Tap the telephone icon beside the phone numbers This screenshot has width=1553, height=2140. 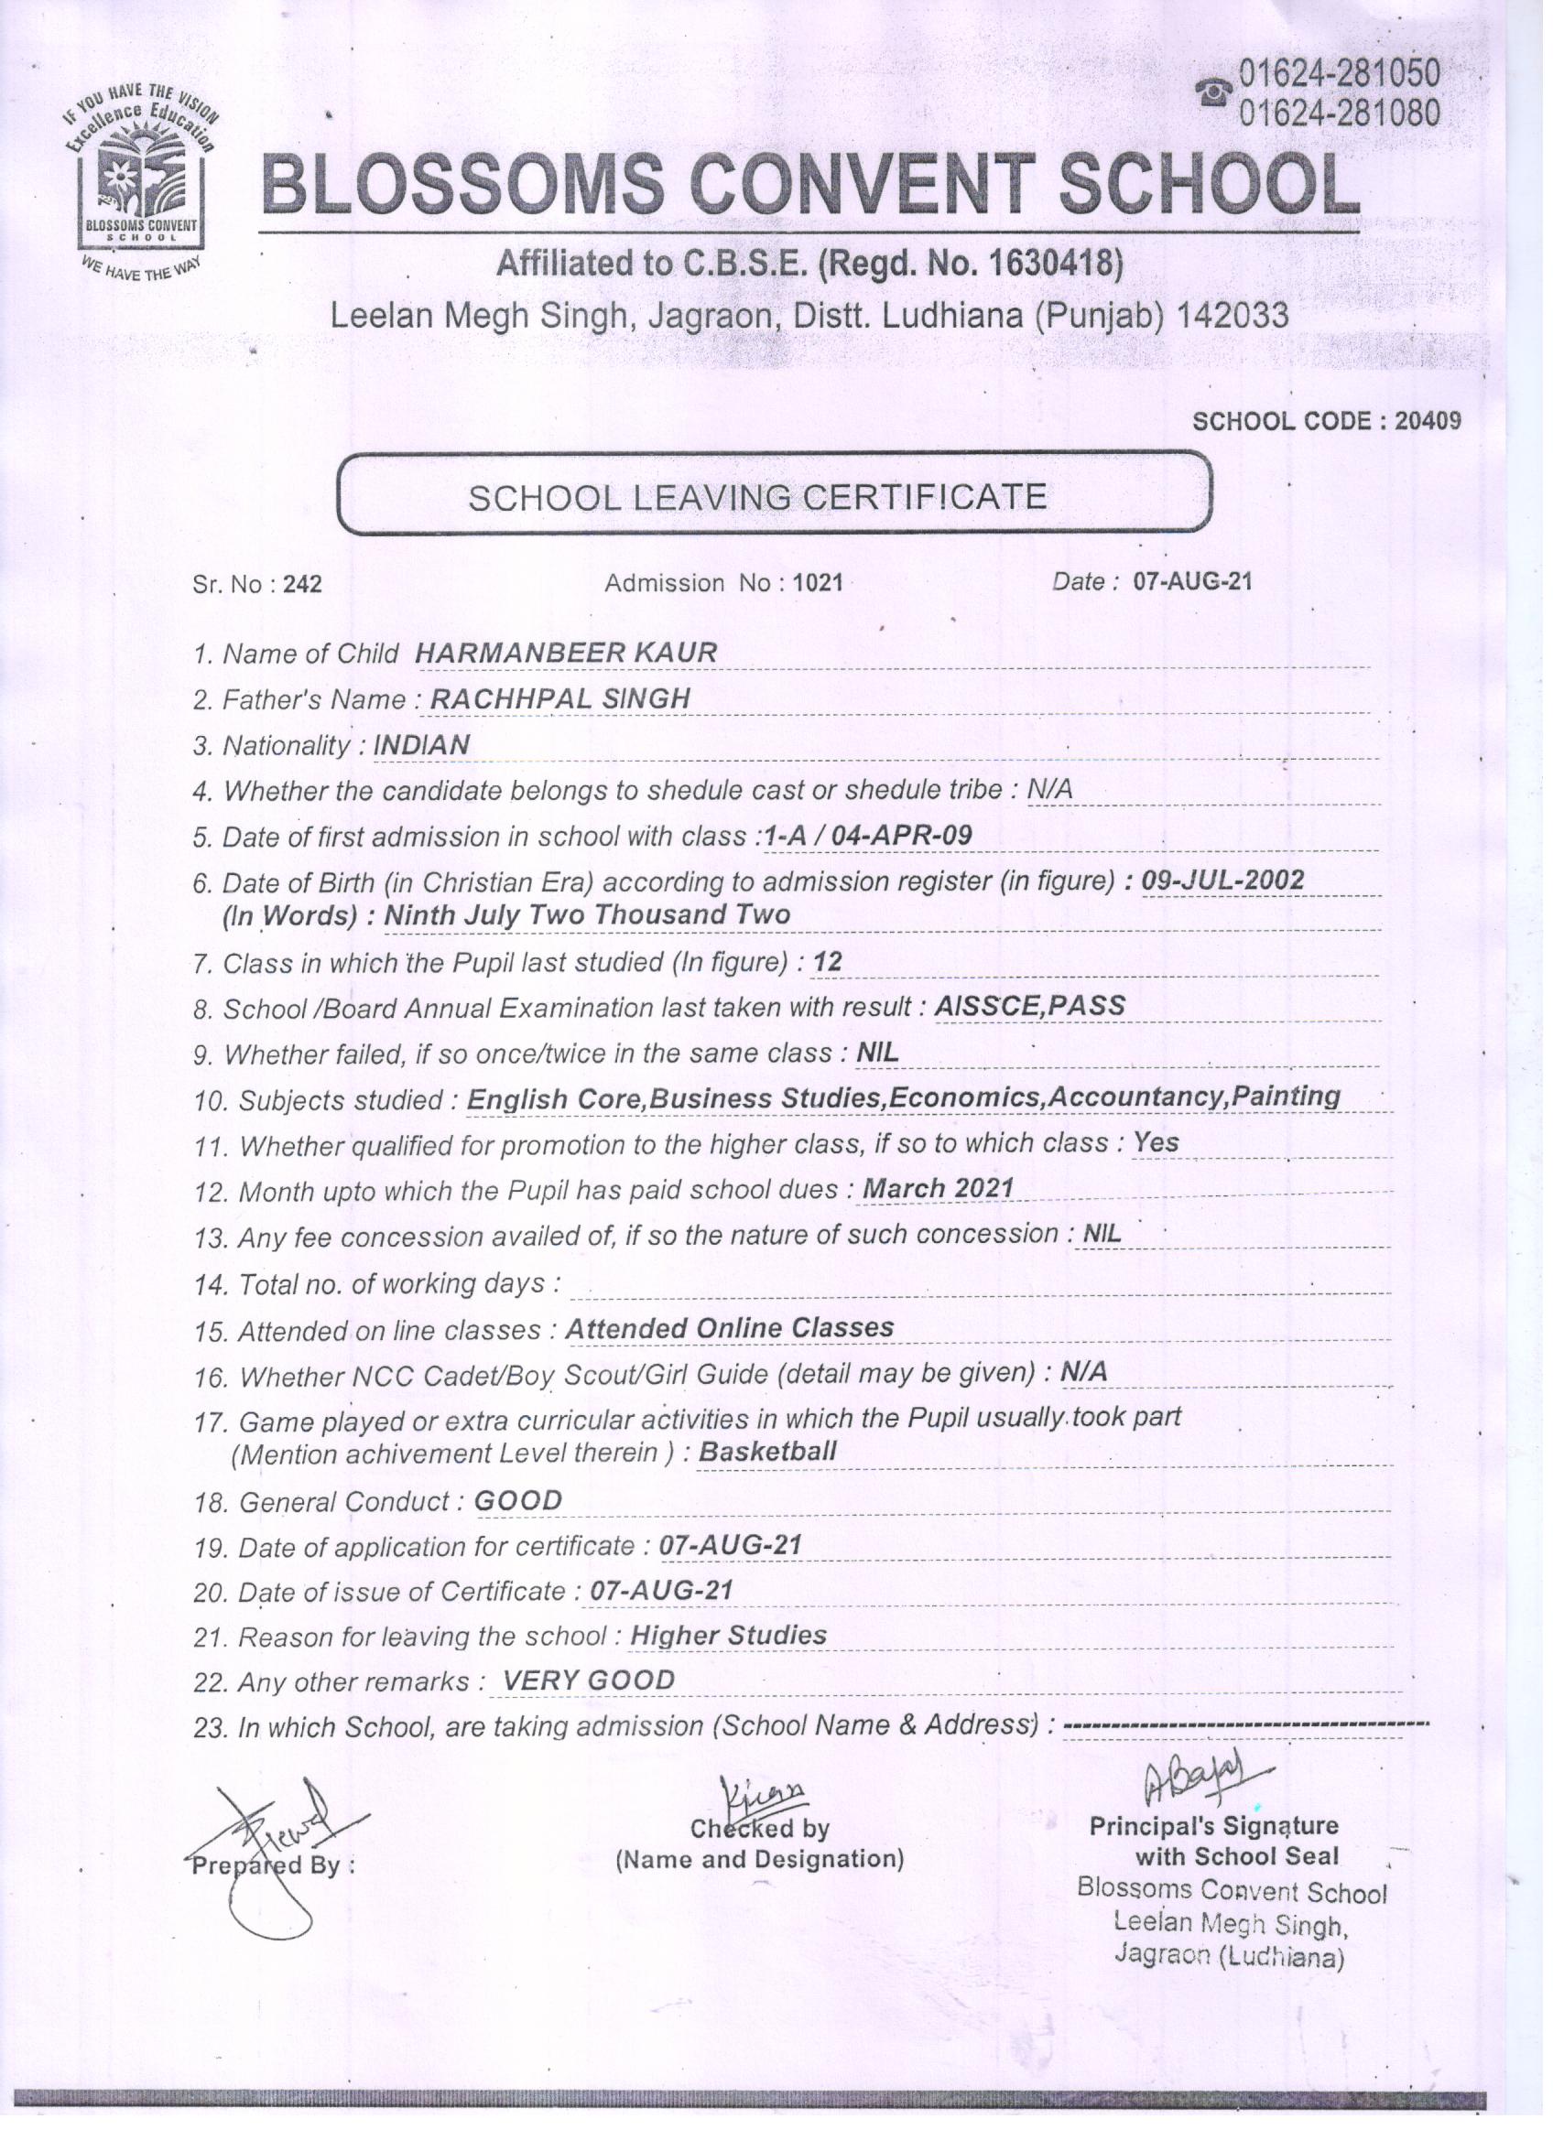click(x=1213, y=92)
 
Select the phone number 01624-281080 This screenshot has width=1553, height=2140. click(x=1339, y=113)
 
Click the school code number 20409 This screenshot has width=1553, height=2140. click(x=1428, y=421)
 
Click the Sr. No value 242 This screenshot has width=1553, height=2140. click(x=302, y=584)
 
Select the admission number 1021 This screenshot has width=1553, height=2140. click(x=818, y=583)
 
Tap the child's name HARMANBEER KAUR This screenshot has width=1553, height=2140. click(x=566, y=652)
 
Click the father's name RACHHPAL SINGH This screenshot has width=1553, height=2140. click(x=559, y=698)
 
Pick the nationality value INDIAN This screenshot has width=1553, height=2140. click(x=421, y=744)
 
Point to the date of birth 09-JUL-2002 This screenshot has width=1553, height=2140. click(x=1222, y=880)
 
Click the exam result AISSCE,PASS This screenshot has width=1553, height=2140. click(x=1030, y=1006)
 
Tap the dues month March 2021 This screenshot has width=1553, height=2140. click(x=939, y=1188)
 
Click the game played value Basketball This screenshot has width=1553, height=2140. click(x=767, y=1451)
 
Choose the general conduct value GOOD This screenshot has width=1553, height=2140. click(x=518, y=1500)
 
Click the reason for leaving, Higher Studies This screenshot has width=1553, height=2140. click(x=728, y=1635)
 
